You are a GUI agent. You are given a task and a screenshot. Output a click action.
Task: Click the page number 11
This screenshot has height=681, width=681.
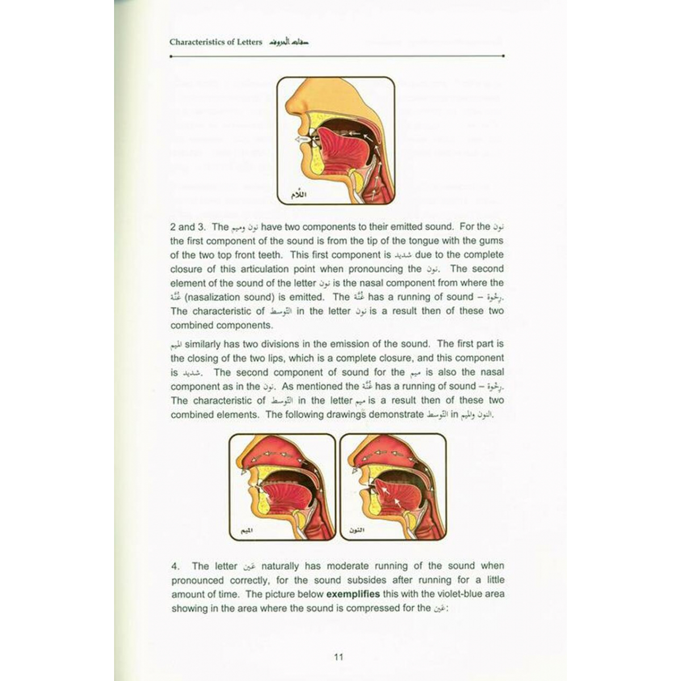[x=339, y=657]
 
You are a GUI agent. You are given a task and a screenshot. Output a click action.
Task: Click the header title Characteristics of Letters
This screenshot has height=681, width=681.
[x=216, y=42]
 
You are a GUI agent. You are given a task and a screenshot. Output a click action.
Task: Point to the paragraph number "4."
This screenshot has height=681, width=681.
[x=175, y=566]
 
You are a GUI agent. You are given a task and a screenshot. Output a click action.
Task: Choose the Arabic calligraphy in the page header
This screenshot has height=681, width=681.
[x=288, y=42]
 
